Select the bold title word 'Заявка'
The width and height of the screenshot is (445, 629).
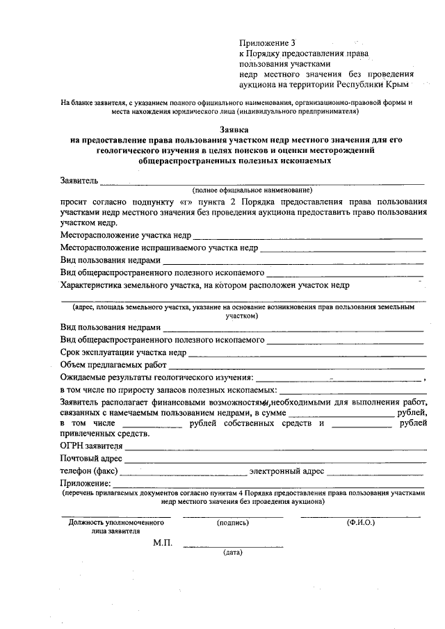coord(233,129)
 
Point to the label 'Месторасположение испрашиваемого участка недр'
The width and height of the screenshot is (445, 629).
coord(159,247)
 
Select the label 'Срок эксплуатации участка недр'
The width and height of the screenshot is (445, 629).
coord(123,352)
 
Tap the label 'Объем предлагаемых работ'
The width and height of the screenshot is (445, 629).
coord(113,365)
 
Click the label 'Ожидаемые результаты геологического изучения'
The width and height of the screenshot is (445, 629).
coord(157,377)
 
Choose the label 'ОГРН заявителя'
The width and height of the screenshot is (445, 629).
coord(92,446)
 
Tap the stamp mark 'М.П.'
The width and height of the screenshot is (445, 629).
coord(163,543)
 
